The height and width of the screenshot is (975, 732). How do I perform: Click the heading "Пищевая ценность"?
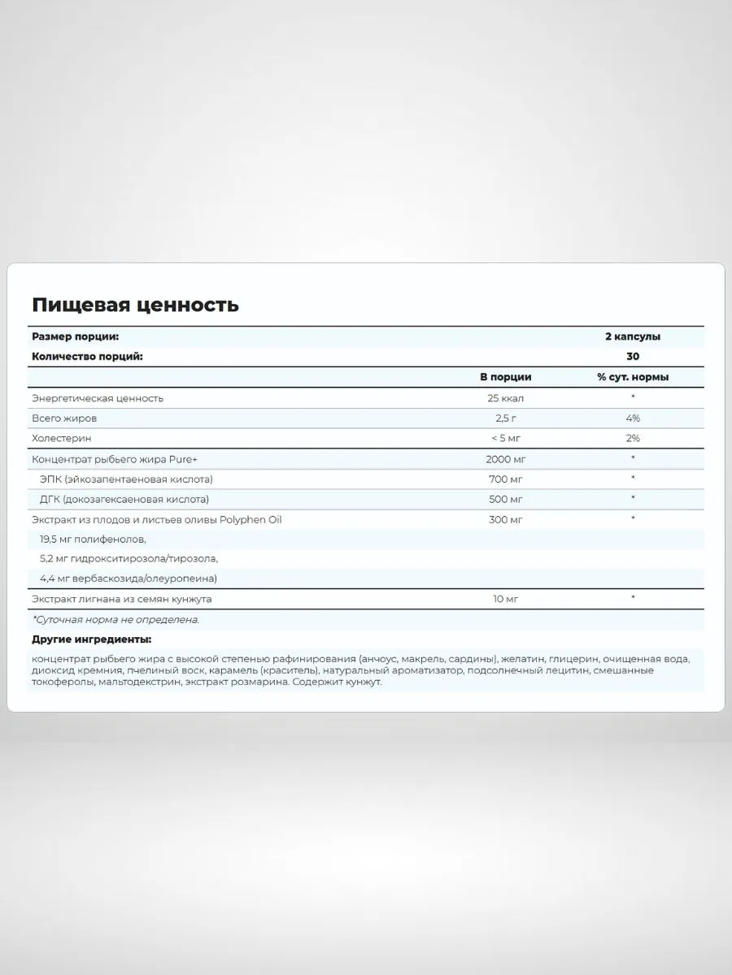135,305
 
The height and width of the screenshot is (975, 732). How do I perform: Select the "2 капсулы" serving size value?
633,336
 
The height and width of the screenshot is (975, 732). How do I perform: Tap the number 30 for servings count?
633,357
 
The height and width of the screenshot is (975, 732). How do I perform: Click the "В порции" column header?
505,377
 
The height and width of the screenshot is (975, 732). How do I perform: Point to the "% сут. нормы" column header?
633,377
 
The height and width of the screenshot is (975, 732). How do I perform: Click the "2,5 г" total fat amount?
505,418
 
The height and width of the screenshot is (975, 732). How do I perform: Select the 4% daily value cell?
633,418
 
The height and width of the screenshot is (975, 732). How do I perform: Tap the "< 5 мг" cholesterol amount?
505,439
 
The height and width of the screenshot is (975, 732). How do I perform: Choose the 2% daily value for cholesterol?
633,439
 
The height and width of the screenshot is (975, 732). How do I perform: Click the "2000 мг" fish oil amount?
505,458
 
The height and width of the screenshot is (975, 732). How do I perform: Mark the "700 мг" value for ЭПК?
505,479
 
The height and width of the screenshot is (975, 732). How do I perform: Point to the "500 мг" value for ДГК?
505,498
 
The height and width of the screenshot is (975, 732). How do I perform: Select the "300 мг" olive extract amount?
505,518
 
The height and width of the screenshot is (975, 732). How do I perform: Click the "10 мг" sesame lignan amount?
505,599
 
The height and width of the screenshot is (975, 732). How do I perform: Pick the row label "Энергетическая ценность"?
98,398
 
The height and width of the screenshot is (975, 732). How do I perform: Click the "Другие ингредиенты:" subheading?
92,639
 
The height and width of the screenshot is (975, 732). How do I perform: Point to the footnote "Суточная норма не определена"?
115,619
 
